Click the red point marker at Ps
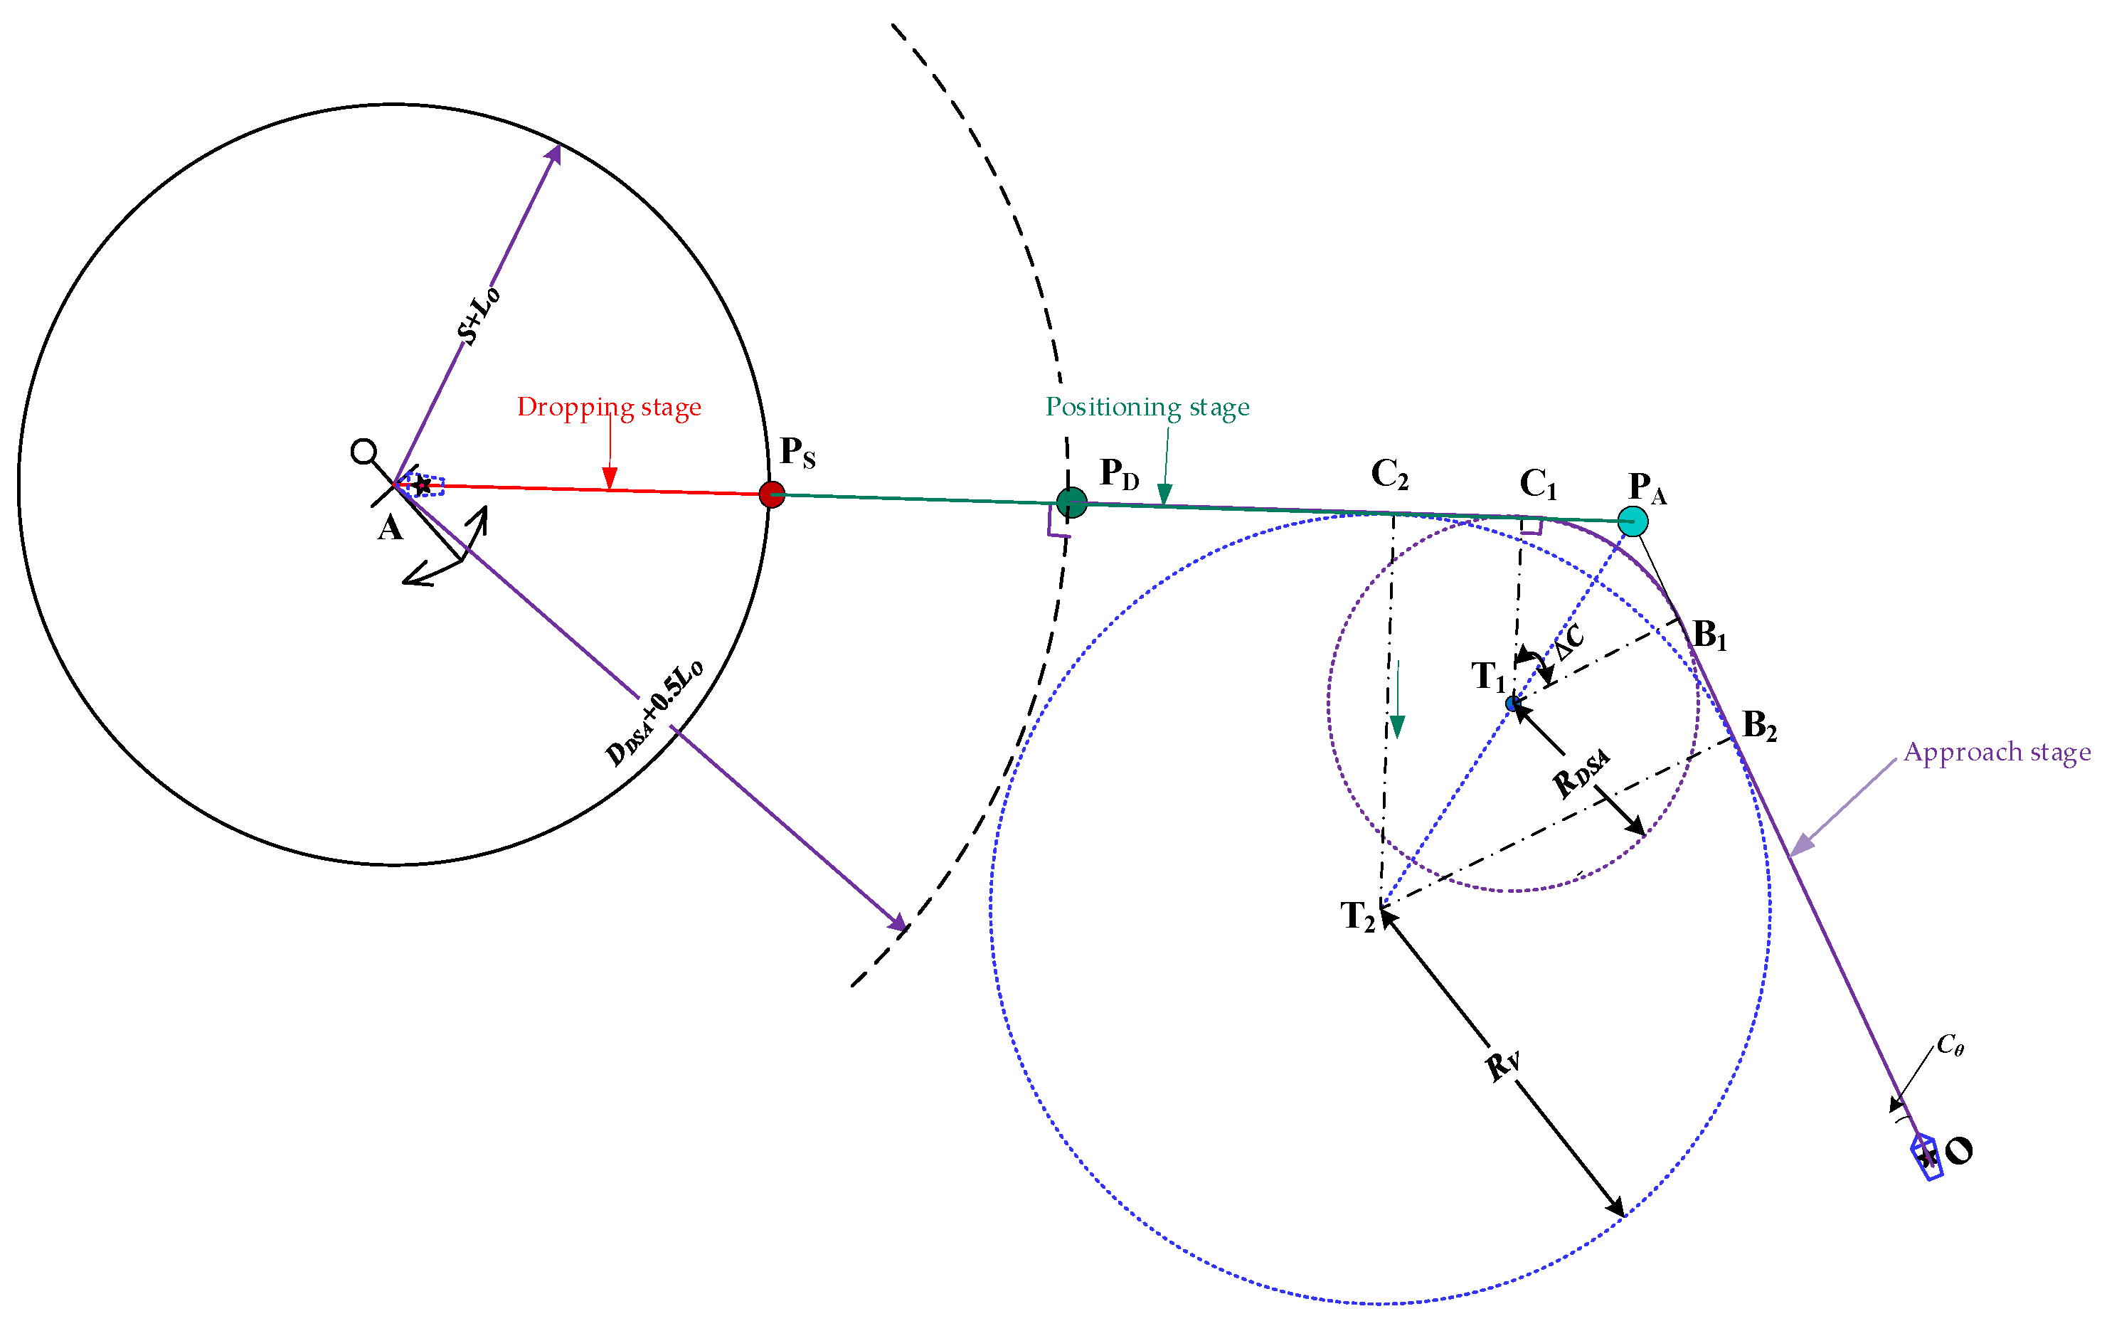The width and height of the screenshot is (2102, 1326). (772, 494)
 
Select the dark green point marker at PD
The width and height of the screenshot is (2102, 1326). (1072, 502)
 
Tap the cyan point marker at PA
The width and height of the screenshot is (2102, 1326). (1633, 521)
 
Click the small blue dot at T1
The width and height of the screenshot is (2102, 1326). (1513, 703)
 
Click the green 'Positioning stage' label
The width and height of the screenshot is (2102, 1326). (1147, 407)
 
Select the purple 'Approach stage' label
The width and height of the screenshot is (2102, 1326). (1997, 752)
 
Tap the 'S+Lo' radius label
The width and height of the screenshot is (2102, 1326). (478, 315)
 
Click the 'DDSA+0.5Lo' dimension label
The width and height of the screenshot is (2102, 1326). (654, 712)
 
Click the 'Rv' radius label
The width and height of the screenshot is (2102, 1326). (1502, 1064)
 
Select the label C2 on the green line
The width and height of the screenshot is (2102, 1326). (1390, 474)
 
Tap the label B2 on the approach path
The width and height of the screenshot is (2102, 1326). (1759, 726)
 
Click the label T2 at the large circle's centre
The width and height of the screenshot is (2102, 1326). (1358, 916)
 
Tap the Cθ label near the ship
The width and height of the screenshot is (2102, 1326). (1950, 1045)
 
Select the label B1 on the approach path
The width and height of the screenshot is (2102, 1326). (1709, 635)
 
